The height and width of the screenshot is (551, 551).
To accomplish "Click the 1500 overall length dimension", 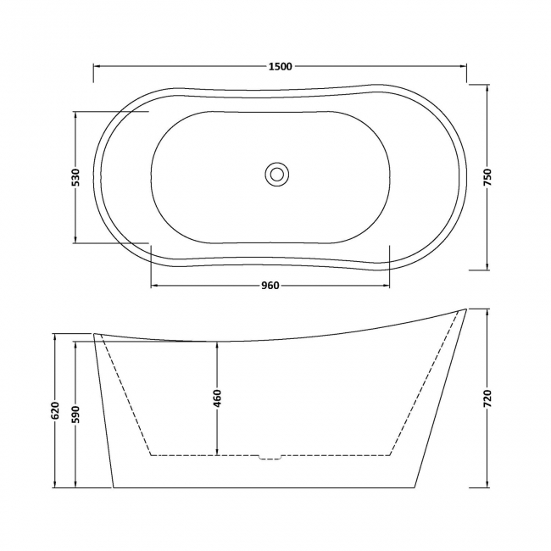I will click(281, 65).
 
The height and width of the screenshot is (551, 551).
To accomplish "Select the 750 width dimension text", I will click(487, 178).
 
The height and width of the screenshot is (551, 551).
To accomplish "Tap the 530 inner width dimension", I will click(75, 178).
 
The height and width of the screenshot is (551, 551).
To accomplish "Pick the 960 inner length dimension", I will click(270, 285).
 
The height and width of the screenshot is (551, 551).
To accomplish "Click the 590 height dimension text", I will click(76, 414).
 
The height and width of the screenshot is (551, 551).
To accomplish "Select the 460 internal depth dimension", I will click(217, 398).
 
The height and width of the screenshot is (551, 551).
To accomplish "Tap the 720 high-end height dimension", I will click(487, 398).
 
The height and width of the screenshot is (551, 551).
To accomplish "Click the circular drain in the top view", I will click(276, 174).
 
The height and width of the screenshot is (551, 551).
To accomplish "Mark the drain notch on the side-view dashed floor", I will click(270, 458).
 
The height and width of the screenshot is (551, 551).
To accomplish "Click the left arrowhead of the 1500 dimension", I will click(96, 65).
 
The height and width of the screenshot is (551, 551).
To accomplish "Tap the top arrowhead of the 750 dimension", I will click(487, 87).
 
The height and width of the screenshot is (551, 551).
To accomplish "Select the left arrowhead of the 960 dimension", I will click(154, 285).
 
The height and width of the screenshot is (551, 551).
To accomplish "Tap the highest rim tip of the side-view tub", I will click(465, 309).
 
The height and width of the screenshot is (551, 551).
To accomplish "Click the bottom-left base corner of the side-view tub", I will click(114, 487).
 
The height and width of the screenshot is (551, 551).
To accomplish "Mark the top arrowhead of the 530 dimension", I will click(75, 114).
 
